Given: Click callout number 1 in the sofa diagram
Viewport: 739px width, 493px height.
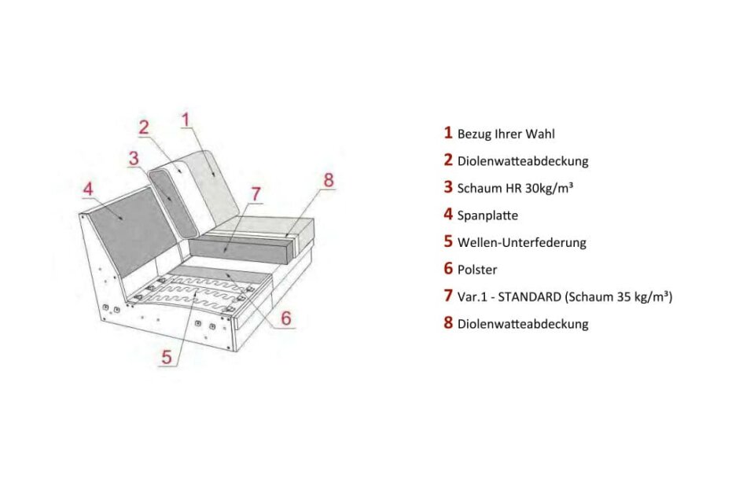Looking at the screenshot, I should pyautogui.click(x=186, y=119).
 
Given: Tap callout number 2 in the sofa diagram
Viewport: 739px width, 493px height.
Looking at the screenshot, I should pyautogui.click(x=144, y=127).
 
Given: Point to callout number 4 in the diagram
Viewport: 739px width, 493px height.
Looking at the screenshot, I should pyautogui.click(x=88, y=189).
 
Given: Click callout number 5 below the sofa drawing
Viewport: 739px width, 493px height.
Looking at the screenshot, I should pyautogui.click(x=166, y=355).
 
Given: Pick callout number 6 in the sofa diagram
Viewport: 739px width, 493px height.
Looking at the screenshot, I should pyautogui.click(x=286, y=318).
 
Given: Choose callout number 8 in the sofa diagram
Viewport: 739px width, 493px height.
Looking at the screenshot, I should pyautogui.click(x=329, y=178).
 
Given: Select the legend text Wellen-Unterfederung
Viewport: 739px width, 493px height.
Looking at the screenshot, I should pyautogui.click(x=521, y=242).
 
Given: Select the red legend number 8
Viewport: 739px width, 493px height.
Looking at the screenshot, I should pyautogui.click(x=448, y=322).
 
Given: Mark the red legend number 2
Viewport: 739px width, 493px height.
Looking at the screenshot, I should pyautogui.click(x=448, y=160).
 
